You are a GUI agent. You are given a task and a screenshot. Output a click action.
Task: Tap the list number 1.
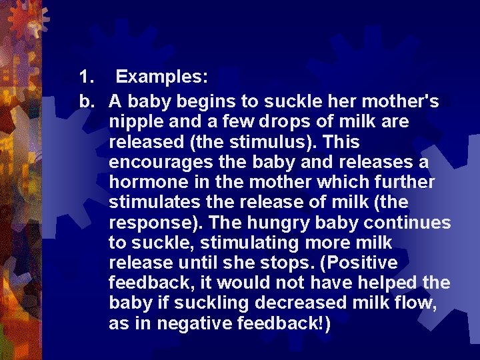pos(85,77)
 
